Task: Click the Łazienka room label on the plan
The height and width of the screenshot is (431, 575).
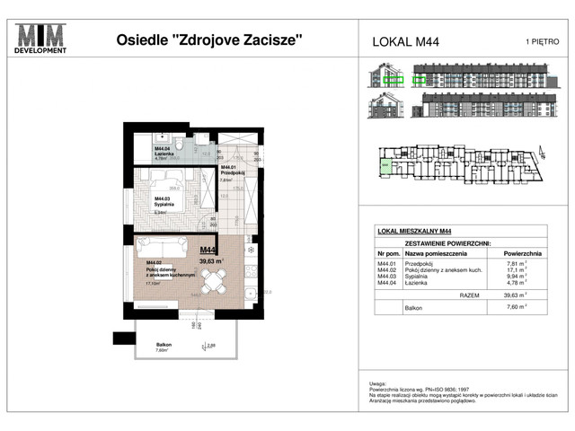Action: (x=164, y=154)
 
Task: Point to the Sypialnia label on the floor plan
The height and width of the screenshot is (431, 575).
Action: (x=164, y=205)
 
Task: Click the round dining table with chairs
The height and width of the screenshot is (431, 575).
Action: (x=214, y=285)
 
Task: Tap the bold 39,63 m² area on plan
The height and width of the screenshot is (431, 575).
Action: (x=212, y=261)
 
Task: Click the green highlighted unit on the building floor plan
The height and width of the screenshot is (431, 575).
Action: (x=385, y=166)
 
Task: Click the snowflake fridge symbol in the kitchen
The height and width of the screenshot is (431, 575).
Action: (x=251, y=251)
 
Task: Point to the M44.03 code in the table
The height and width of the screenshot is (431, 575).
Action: (x=387, y=277)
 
